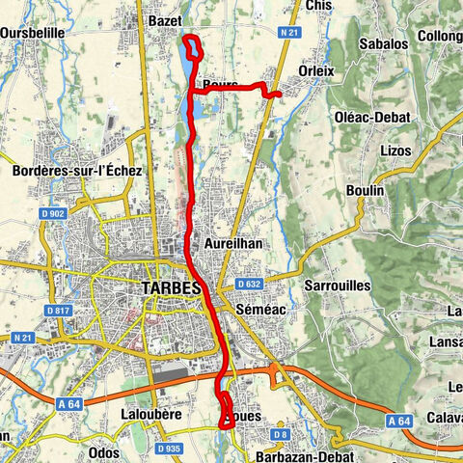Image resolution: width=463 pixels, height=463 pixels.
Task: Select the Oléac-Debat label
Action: tap(372, 117)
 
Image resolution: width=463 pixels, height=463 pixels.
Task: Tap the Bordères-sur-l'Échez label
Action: tap(78, 171)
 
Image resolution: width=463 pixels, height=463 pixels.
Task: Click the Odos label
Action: tap(103, 452)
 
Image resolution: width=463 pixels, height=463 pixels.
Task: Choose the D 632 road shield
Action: tap(249, 285)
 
